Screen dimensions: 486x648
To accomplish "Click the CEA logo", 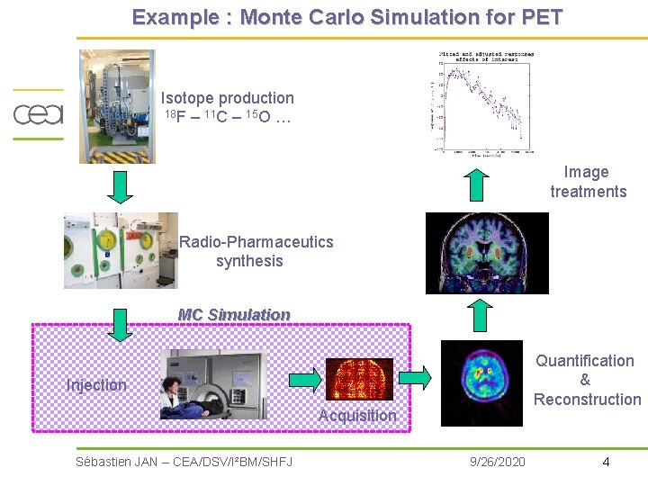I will [38, 114].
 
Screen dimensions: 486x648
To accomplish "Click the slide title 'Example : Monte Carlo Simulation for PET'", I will [346, 17].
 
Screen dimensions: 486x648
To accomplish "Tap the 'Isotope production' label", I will [227, 98].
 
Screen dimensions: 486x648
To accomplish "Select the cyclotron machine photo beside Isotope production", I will [117, 106].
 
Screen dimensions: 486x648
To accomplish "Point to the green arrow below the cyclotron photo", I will [120, 185].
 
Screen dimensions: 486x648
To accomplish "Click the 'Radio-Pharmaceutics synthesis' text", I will [255, 251].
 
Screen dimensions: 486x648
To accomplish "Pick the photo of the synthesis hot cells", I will [121, 250].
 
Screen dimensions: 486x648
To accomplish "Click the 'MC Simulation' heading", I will [234, 314].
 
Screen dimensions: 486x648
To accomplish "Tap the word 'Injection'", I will [96, 385].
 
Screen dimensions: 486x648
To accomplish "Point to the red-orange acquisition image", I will [358, 380].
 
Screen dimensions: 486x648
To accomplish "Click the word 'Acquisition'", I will [356, 415].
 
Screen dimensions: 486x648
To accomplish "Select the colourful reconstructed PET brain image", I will [481, 382].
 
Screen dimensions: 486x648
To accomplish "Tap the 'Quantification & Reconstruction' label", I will [586, 380].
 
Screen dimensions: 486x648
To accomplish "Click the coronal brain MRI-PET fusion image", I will [486, 253].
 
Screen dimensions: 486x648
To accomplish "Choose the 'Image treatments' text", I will [588, 182].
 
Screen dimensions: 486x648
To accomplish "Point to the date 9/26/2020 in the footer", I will [498, 462].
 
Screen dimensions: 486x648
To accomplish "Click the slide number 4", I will [606, 462].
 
